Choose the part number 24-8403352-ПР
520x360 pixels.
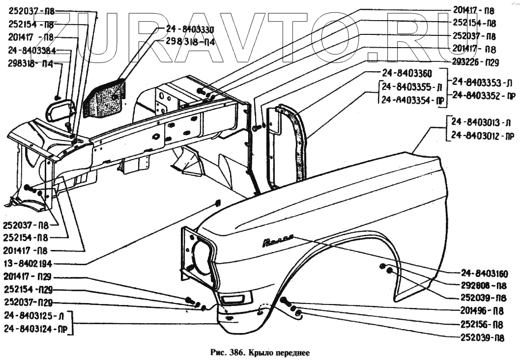484,95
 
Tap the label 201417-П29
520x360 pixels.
28,276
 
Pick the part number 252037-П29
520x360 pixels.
28,302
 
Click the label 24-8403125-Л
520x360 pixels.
34,315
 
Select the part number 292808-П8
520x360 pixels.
484,286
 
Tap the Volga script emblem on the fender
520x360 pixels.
278,241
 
